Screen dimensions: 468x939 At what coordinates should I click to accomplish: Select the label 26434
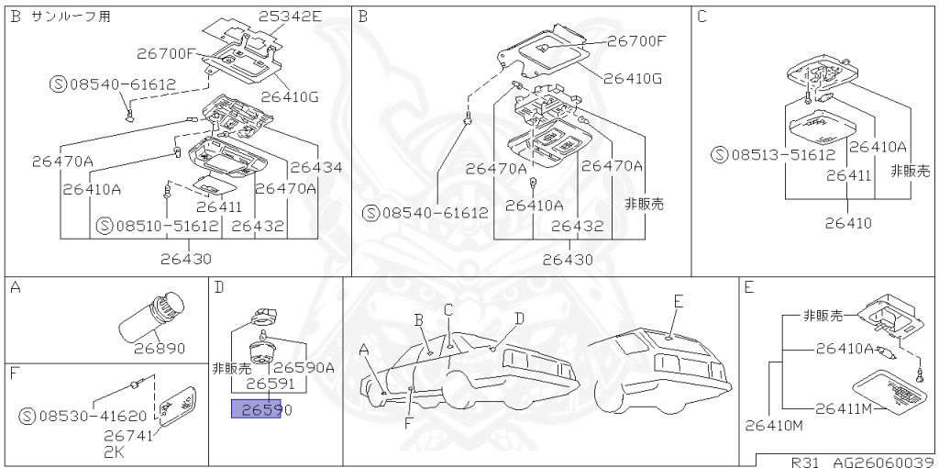(x=316, y=168)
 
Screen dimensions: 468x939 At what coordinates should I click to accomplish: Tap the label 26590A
(x=304, y=367)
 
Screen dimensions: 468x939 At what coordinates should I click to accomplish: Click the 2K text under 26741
(x=113, y=451)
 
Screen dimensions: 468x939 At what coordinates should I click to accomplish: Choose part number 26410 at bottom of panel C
(x=848, y=222)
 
